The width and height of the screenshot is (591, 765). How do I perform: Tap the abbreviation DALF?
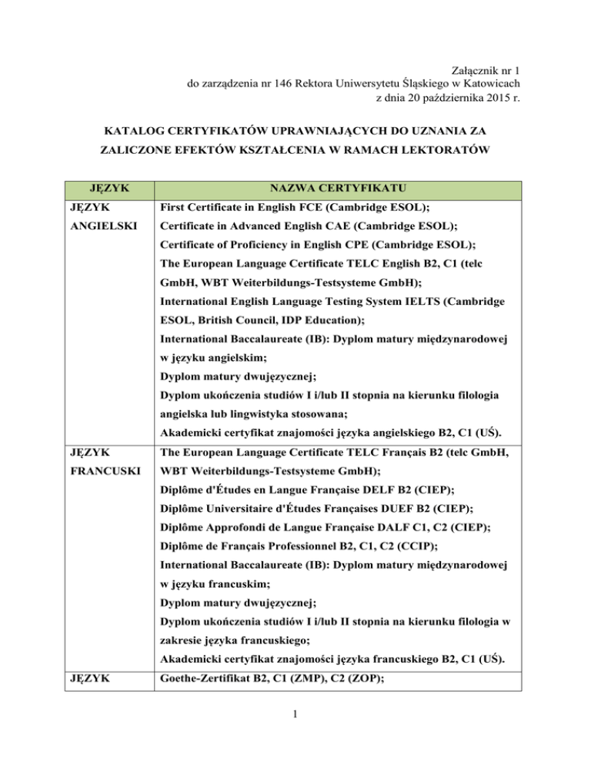point(397,526)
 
